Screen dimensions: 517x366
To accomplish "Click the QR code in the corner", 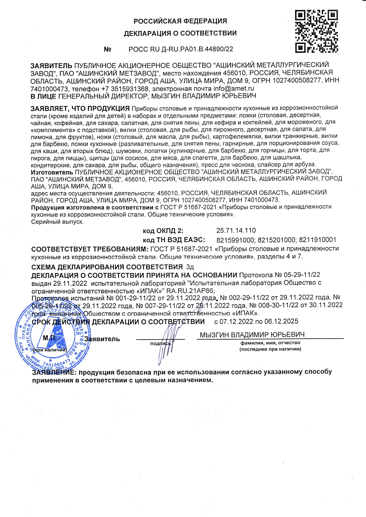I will tap(316, 31).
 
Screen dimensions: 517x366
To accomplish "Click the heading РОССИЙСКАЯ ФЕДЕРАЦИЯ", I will tap(180, 21).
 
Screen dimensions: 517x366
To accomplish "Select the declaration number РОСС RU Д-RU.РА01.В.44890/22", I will tap(181, 49).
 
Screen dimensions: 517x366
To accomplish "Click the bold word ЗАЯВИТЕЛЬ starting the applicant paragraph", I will tap(51, 65).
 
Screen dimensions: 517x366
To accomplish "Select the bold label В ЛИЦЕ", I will tap(43, 96).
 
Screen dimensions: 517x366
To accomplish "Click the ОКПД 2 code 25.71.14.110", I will tap(236, 230).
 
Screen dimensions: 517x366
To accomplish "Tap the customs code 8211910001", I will tap(318, 240).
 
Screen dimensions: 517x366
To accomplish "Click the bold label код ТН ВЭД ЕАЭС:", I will tap(174, 240).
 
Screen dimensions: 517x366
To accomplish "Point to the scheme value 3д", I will tap(190, 267).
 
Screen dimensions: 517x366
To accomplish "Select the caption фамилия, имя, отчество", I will tap(270, 343).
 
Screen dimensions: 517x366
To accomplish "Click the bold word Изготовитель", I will tap(52, 172).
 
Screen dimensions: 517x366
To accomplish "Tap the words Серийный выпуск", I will tap(58, 222).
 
